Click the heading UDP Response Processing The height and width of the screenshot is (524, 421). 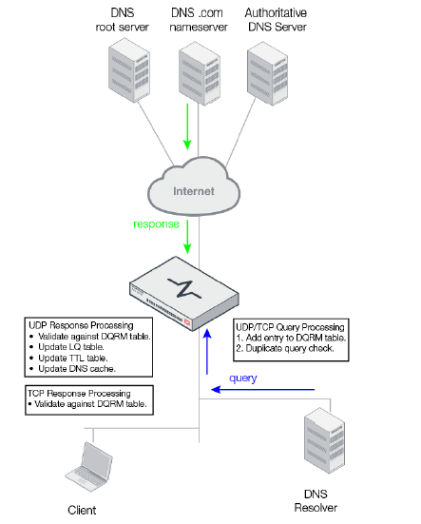pyautogui.click(x=79, y=326)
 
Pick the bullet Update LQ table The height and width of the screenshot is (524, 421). pyautogui.click(x=72, y=347)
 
